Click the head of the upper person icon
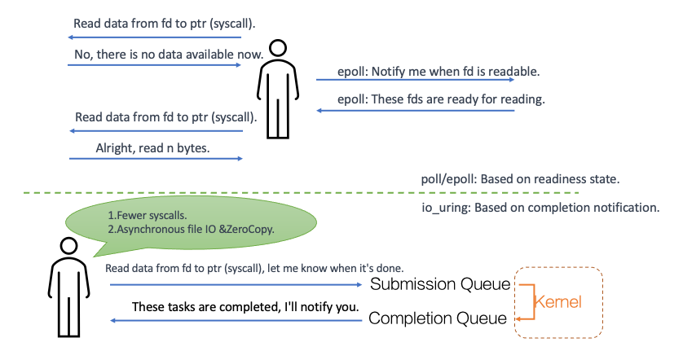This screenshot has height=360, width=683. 278,50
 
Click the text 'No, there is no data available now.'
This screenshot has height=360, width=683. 167,55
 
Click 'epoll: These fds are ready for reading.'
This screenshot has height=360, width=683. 441,99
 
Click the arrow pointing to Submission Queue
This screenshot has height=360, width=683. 236,285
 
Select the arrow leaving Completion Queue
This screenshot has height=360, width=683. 236,320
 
